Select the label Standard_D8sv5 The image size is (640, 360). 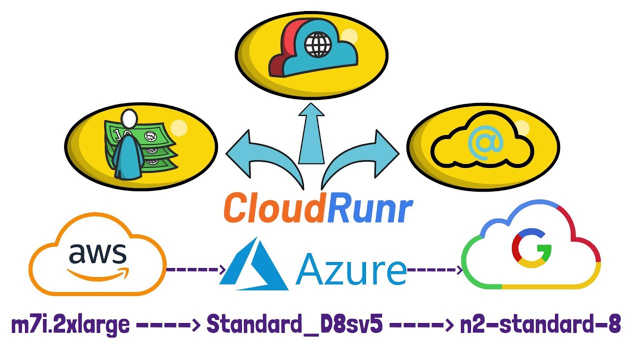[x=294, y=325]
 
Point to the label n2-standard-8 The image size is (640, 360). [x=540, y=325]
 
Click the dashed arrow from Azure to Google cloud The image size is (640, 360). [x=434, y=270]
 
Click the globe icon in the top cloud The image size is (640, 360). [x=318, y=45]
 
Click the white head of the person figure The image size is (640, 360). [x=129, y=119]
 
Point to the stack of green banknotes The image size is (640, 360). [x=150, y=145]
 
